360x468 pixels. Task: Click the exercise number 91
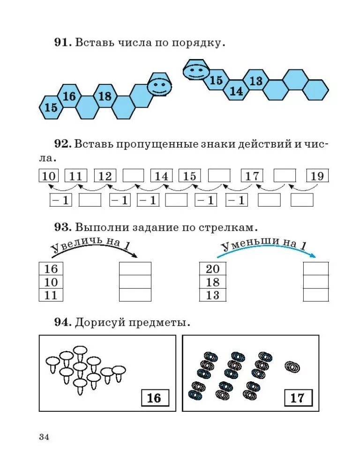click(x=62, y=43)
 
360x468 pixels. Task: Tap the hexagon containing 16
click(x=69, y=97)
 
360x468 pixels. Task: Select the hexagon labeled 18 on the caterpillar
click(x=105, y=97)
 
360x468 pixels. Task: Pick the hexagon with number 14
click(x=237, y=91)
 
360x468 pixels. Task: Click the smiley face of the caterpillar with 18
click(x=158, y=86)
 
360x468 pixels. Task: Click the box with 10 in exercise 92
click(x=49, y=176)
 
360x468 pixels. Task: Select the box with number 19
click(x=317, y=176)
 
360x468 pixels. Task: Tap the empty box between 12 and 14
click(x=134, y=176)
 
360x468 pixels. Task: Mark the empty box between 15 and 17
click(x=219, y=176)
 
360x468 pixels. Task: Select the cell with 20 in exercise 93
click(x=213, y=268)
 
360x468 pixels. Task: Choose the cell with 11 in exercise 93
click(x=51, y=295)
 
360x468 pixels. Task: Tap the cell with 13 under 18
click(x=213, y=295)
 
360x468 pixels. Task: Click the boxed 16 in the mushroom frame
click(x=154, y=398)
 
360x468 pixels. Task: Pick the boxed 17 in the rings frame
click(x=297, y=398)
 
